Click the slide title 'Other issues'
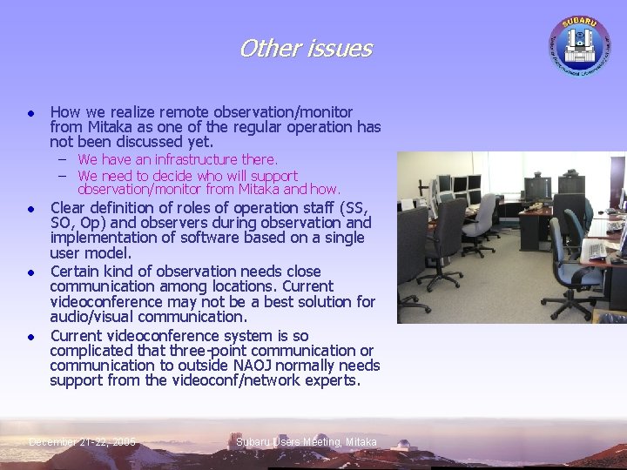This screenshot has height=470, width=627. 305,48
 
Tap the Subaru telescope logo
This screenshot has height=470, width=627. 578,43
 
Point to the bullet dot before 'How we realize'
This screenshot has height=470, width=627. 30,112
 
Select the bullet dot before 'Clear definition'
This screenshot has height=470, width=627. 30,209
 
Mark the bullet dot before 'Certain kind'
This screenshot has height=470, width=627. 30,272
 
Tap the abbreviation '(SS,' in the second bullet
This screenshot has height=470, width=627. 354,207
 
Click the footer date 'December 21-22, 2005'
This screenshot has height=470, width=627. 82,442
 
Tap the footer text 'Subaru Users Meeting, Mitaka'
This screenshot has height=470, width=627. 307,442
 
